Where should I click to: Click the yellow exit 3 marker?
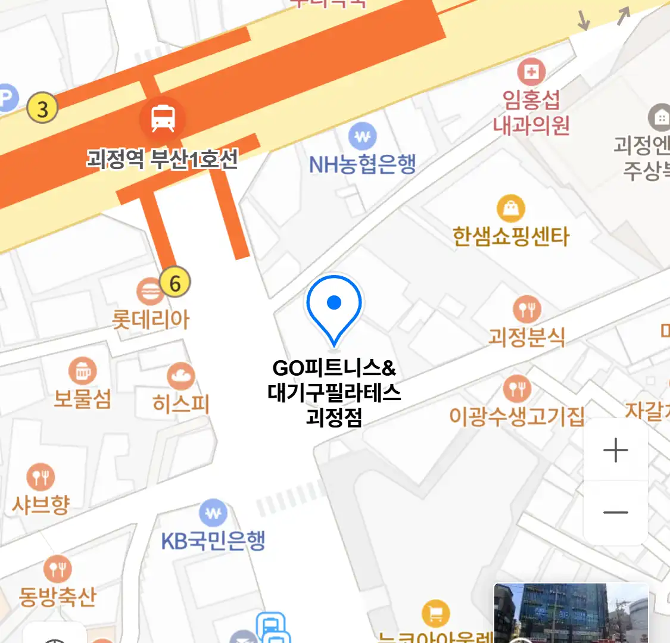tap(42, 109)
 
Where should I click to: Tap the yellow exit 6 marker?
tap(174, 283)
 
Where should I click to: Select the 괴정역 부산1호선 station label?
tap(162, 159)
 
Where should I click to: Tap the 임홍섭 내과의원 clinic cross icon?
tap(531, 73)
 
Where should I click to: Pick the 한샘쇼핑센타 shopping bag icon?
tap(511, 208)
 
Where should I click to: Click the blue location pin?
tap(334, 307)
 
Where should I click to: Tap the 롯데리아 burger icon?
tap(149, 292)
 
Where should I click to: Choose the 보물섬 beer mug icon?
tap(83, 372)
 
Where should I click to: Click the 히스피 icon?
tap(180, 376)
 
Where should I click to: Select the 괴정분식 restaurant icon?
tap(526, 310)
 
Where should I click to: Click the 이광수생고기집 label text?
tap(516, 416)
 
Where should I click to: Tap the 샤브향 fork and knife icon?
tap(40, 477)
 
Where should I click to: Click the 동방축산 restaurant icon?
tap(58, 569)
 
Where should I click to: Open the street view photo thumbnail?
tap(571, 613)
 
